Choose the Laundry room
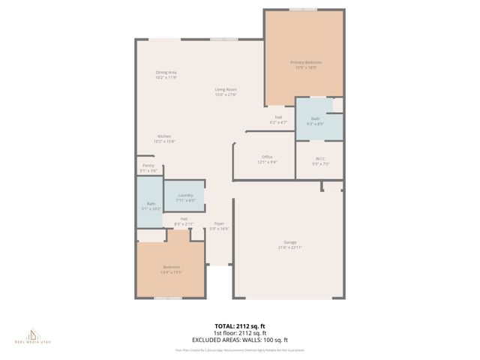point(185,196)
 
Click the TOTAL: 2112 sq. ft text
point(239,326)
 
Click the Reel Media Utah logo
point(34,337)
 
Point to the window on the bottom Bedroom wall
point(168,298)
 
